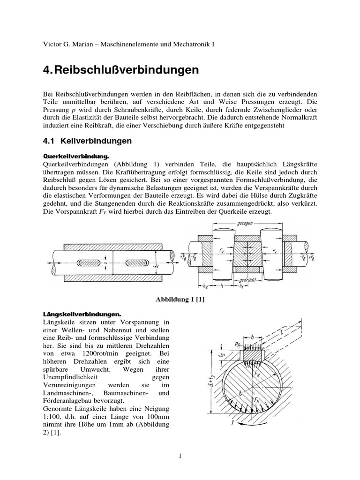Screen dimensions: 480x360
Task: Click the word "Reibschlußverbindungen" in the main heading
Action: (127, 70)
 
